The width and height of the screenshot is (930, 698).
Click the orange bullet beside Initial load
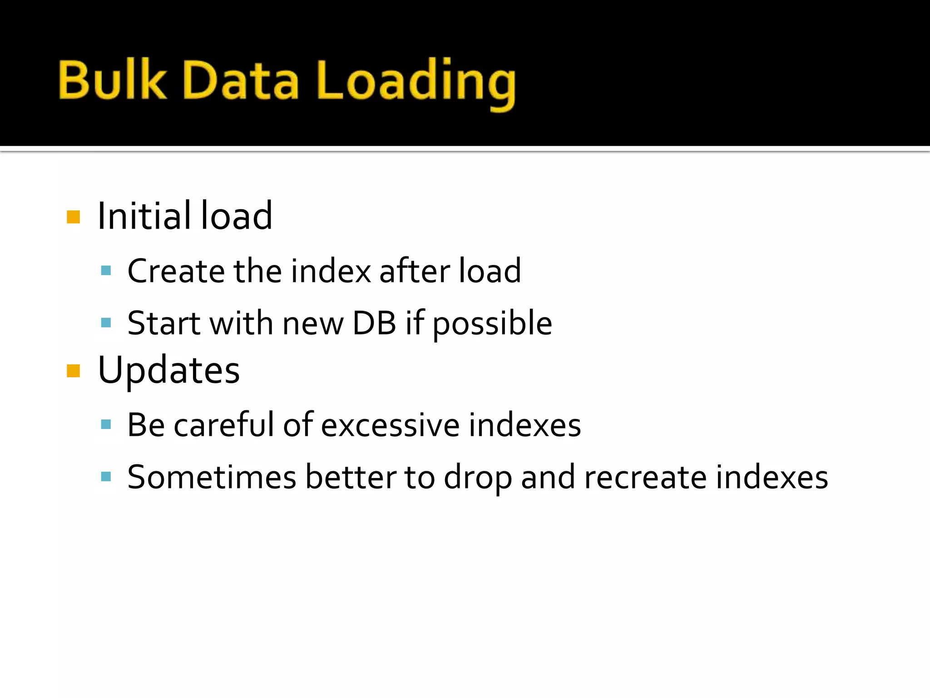click(x=73, y=217)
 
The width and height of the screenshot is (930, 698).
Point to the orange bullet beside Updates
click(x=73, y=371)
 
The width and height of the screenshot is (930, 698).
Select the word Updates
click(x=168, y=370)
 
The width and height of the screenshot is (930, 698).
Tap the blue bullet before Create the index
click(x=106, y=271)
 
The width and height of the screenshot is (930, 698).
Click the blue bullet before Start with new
click(x=106, y=323)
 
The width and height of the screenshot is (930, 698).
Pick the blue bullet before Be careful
click(x=106, y=425)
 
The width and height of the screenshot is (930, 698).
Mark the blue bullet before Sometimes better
click(x=106, y=477)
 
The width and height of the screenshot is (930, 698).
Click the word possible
click(x=492, y=324)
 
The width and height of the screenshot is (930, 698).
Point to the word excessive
click(x=391, y=426)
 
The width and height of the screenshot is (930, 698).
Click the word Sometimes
click(x=212, y=477)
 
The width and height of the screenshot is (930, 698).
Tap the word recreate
click(x=645, y=478)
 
